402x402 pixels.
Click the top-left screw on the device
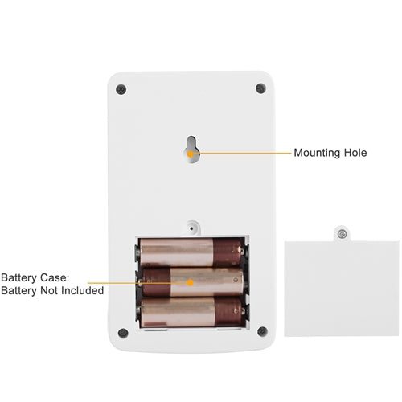[x=121, y=89]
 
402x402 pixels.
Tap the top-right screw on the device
[x=260, y=88]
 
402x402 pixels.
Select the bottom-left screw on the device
[x=123, y=333]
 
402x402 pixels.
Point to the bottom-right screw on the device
[x=262, y=331]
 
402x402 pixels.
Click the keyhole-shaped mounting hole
[x=191, y=150]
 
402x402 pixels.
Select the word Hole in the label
[x=355, y=153]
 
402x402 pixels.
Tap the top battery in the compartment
[x=191, y=252]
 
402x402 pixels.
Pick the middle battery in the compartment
[x=192, y=282]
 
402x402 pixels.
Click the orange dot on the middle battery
[x=191, y=282]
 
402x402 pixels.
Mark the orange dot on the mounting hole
[x=191, y=154]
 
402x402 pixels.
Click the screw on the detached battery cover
[x=342, y=235]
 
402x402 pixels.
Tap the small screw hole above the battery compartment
[x=191, y=228]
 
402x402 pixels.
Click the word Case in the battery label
[x=55, y=277]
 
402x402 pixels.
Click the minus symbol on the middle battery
[x=236, y=280]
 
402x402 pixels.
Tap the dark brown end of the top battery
[x=228, y=252]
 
